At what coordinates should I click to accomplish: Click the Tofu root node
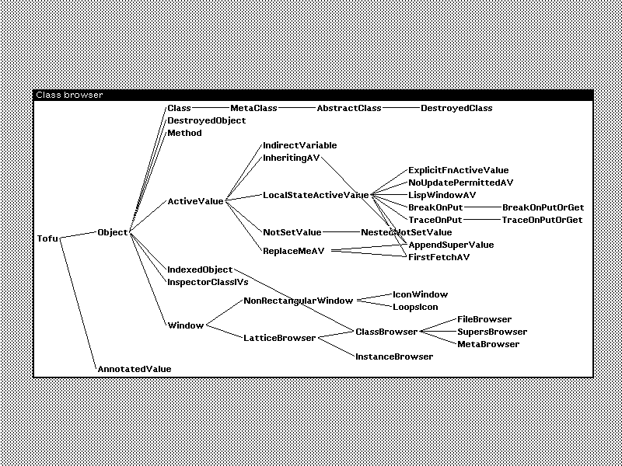coord(47,238)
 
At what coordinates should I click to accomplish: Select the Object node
coord(113,232)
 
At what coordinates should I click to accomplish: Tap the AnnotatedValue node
coord(134,369)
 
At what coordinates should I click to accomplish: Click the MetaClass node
coord(253,108)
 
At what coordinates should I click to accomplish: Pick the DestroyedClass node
coord(456,108)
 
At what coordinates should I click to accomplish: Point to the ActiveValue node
coord(195,201)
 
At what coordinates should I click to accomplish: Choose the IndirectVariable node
coord(299,145)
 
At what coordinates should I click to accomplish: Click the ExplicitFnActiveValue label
coord(458,170)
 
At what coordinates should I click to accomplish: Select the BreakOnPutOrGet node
coord(543,207)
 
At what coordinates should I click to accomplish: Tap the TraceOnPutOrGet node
coord(542,220)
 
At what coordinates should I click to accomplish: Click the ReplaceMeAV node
coord(293,251)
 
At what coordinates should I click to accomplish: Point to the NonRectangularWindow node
coord(298,301)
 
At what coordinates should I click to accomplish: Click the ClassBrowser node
coord(386,332)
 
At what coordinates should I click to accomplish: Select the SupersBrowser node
coord(492,332)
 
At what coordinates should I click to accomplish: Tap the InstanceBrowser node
coord(393,356)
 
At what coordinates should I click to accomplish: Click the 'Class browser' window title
coord(69,96)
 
